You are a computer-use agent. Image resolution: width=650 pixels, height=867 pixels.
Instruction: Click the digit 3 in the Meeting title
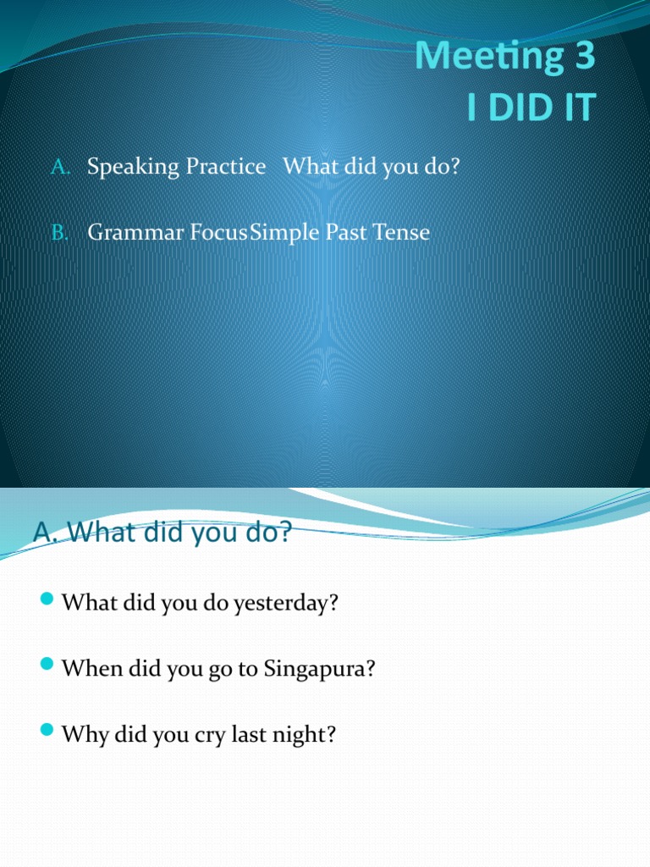(x=584, y=57)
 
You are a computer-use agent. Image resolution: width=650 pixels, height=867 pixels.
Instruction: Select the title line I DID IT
(x=532, y=108)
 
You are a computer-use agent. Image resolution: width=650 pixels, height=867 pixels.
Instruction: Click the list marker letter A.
(x=59, y=167)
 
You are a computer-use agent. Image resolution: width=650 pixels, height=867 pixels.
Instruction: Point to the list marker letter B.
(x=59, y=232)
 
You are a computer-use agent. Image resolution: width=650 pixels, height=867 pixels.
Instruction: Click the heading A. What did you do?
(x=162, y=533)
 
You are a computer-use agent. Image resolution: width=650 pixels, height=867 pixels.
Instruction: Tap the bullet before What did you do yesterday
(x=47, y=601)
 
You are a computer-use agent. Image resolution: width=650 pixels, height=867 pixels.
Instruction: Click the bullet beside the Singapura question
(x=47, y=666)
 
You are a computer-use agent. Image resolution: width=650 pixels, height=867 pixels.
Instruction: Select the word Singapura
(x=320, y=669)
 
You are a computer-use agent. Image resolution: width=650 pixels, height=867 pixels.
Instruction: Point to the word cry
(x=207, y=734)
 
